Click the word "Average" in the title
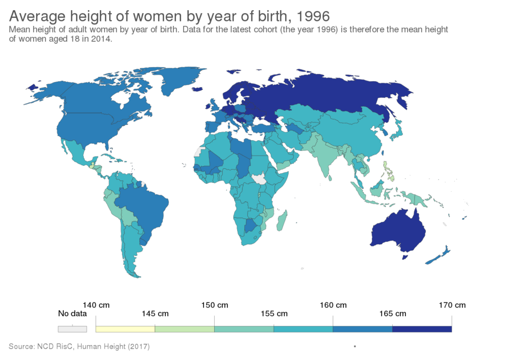point(36,16)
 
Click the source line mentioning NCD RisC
point(79,346)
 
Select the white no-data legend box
point(72,329)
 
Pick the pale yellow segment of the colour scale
point(125,329)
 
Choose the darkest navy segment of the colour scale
point(422,329)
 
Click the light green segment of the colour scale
point(185,329)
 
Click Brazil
point(148,204)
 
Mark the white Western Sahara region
point(199,151)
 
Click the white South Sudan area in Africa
point(260,179)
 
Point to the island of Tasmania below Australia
point(406,258)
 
